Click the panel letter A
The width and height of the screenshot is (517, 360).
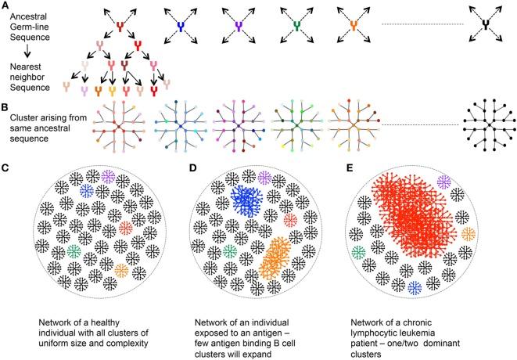click(5, 5)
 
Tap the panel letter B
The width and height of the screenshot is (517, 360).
click(5, 111)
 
